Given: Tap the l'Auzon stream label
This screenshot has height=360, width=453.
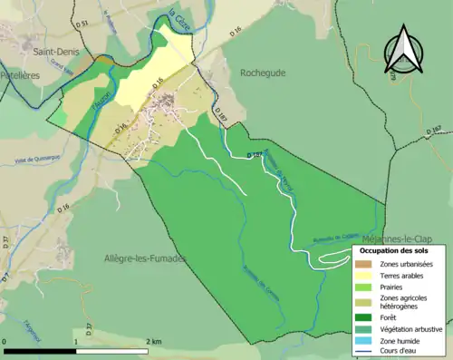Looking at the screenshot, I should [x=101, y=102].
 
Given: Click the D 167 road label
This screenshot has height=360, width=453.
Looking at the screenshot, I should [x=435, y=135].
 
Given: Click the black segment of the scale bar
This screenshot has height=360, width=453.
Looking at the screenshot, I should [x=40, y=349].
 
